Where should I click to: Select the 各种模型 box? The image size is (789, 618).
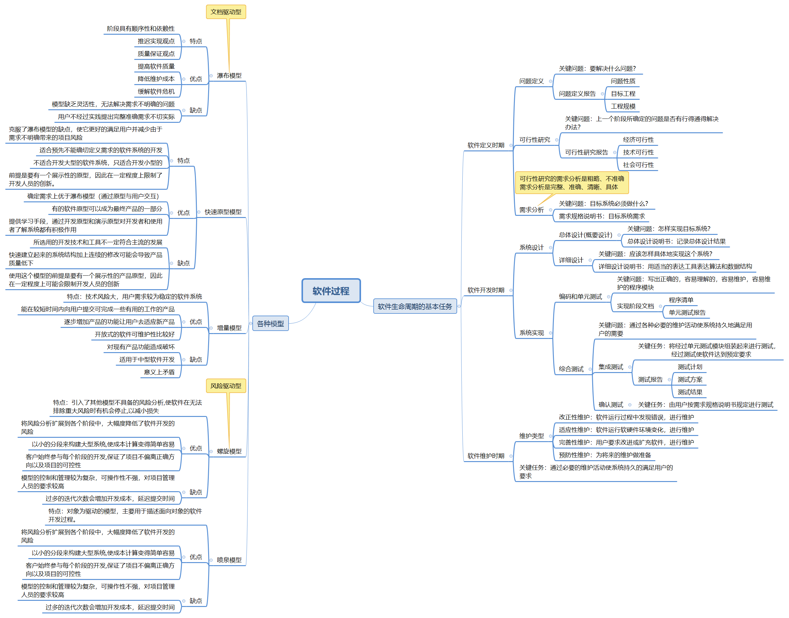pos(270,324)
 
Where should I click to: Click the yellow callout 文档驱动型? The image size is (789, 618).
pos(226,12)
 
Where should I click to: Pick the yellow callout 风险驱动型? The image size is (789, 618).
pos(226,386)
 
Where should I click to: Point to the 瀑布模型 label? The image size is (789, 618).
pos(229,76)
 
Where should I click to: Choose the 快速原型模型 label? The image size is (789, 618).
pos(223,212)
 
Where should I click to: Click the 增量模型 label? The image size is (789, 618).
pos(229,328)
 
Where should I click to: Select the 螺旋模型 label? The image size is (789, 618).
pos(229,451)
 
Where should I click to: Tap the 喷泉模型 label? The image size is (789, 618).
pos(229,560)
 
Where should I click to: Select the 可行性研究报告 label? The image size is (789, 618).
pos(586,152)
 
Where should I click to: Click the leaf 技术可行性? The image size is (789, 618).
pos(638,152)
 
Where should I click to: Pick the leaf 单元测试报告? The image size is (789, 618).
pos(687,313)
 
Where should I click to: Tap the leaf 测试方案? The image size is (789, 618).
pos(690,379)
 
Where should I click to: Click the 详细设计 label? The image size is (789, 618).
pos(571,260)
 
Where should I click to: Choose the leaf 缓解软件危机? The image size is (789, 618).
pos(156,91)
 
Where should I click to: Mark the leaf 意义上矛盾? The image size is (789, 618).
pos(159,372)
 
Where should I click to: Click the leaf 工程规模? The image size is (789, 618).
pos(623,106)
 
